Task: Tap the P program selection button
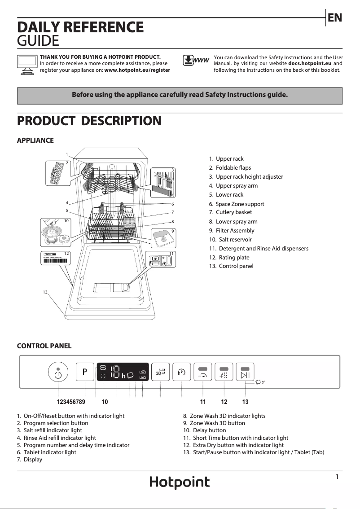(85, 372)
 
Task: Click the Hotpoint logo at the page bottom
(180, 483)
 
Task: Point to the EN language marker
(335, 18)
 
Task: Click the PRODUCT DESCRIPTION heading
(89, 121)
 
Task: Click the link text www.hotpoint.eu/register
(137, 70)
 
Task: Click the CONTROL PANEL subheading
(44, 346)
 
